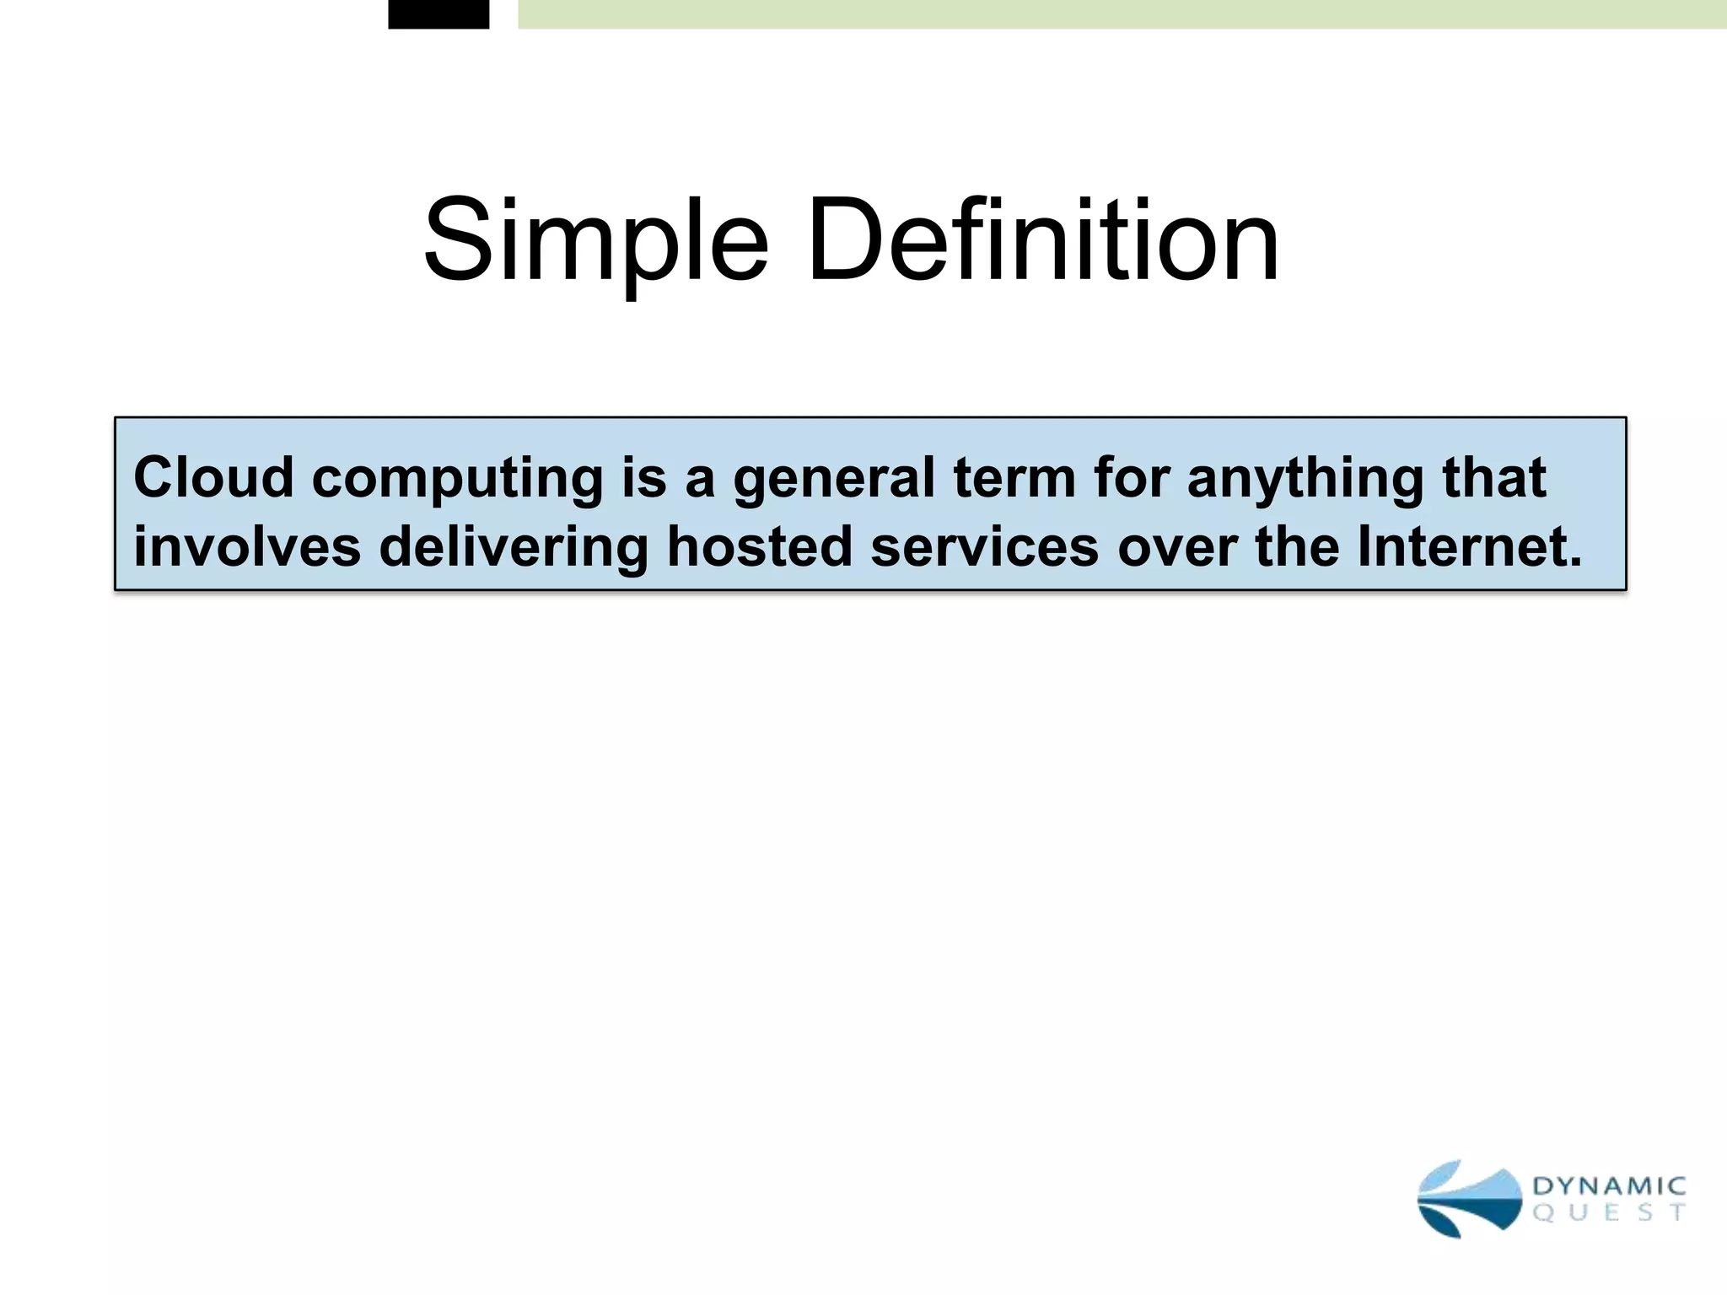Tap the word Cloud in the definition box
click(x=213, y=478)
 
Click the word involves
click(x=247, y=546)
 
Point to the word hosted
click(x=759, y=546)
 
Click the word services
click(x=984, y=546)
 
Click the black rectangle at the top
click(x=438, y=13)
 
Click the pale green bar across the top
click(x=1122, y=13)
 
